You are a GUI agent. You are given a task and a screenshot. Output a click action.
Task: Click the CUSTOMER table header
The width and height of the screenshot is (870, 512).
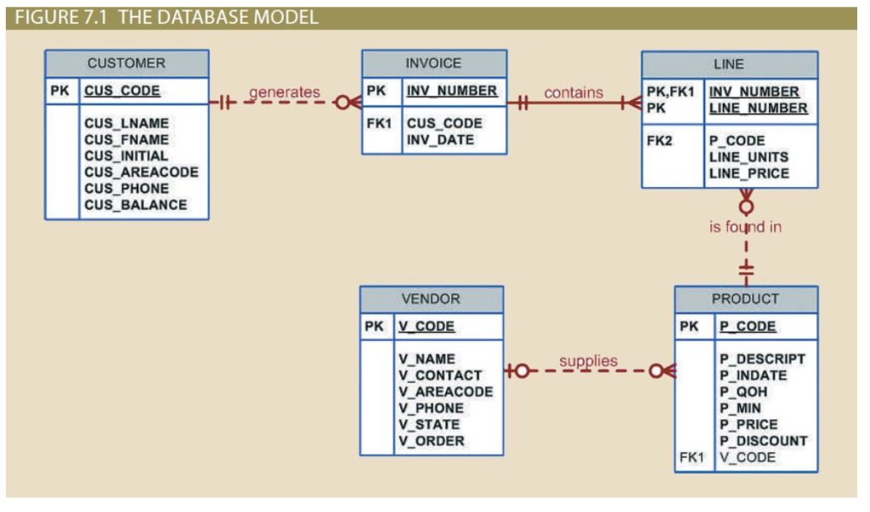(126, 64)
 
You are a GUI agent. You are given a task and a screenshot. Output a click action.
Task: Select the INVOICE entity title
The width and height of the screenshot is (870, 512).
(433, 64)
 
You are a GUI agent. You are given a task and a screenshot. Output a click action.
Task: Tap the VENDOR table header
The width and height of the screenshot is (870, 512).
(431, 299)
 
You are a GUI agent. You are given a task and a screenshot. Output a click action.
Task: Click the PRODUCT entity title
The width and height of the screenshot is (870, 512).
(745, 299)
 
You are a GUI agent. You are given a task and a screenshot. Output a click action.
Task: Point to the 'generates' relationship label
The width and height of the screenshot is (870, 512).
(284, 92)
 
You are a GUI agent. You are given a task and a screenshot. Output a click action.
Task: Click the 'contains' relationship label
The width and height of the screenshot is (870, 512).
(573, 93)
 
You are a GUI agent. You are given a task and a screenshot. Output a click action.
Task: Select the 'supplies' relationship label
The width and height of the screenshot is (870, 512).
(588, 361)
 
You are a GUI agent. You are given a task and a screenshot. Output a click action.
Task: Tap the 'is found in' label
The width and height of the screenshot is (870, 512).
(745, 227)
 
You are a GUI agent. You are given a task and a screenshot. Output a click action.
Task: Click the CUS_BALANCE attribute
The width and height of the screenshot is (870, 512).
(135, 205)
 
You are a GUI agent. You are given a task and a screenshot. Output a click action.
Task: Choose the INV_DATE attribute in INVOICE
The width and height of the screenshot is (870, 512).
(440, 139)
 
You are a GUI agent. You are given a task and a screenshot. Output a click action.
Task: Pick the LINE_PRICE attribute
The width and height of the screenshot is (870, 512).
(749, 174)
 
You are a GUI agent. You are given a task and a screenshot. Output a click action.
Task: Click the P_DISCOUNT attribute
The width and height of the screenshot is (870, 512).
(763, 441)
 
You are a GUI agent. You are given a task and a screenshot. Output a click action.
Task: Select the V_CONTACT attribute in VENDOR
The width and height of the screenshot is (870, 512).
(439, 375)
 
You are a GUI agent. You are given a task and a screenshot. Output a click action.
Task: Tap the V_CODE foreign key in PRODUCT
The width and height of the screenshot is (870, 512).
(747, 458)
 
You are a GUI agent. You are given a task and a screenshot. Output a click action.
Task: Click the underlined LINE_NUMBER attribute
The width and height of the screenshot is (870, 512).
(758, 108)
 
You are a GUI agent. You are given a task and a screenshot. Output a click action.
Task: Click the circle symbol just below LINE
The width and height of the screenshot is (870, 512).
(746, 207)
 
